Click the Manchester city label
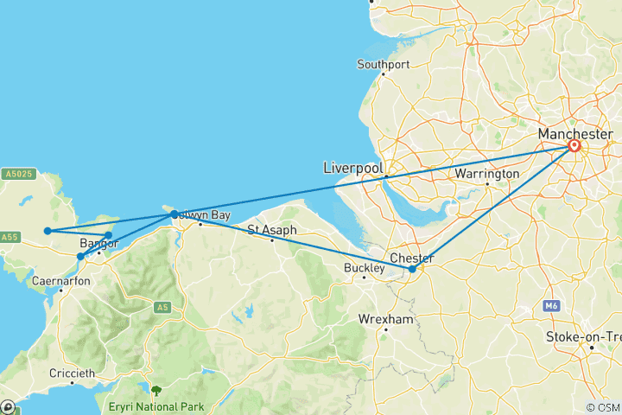[x=575, y=134]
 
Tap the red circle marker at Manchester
[x=574, y=146]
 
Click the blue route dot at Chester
[x=412, y=269]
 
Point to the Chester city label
[x=413, y=257]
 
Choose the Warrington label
[x=488, y=174]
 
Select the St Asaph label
[x=272, y=230]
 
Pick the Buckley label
[x=364, y=267]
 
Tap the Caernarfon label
[x=60, y=281]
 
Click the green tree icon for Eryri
[x=155, y=391]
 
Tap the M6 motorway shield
[x=552, y=306]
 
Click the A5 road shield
[x=162, y=307]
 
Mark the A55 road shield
[x=10, y=237]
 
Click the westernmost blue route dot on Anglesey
[x=48, y=231]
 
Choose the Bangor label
[x=98, y=244]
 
